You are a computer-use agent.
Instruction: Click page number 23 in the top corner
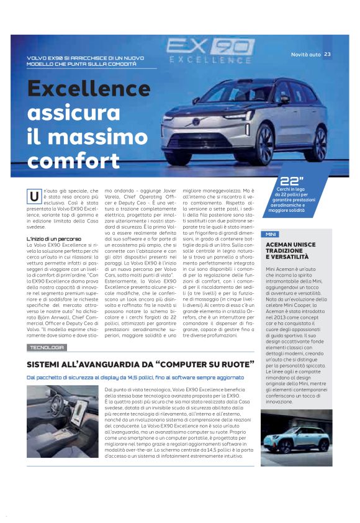pos(327,55)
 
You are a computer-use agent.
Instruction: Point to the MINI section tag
pos(270,234)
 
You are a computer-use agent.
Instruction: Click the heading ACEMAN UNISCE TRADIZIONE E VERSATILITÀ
pos(287,251)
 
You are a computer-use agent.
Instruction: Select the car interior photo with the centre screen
pos(62,421)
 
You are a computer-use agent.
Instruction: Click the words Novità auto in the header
pos(306,55)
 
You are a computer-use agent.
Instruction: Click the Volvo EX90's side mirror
pos(284,99)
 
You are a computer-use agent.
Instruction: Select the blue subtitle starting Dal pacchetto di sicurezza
pos(135,377)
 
